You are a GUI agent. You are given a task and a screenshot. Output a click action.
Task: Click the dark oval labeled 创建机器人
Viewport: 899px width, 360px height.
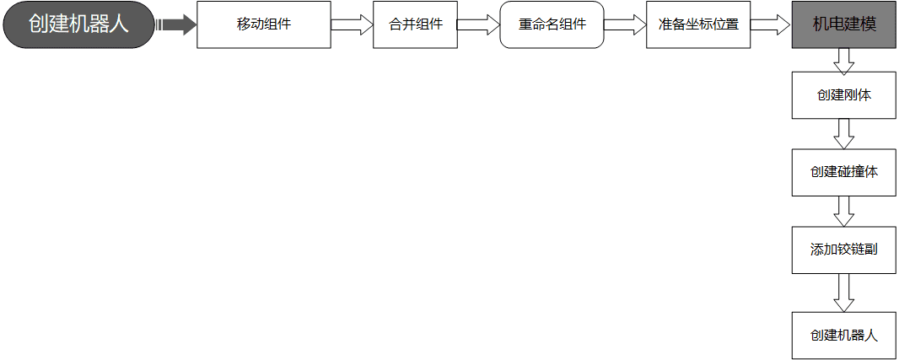(79, 24)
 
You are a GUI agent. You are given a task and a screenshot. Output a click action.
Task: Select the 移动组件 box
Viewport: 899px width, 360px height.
(264, 24)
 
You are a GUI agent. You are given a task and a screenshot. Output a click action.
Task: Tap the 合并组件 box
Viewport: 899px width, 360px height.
(415, 24)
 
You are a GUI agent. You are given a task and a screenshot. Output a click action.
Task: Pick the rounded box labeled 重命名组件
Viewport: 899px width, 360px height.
(552, 24)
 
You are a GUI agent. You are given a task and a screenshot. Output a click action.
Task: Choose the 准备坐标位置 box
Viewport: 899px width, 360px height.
(698, 24)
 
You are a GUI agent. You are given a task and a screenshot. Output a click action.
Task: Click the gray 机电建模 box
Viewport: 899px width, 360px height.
(844, 24)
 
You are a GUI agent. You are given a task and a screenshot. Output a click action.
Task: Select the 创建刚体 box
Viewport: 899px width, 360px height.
(844, 95)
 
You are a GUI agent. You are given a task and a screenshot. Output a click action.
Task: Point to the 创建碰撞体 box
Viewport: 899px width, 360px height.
(844, 173)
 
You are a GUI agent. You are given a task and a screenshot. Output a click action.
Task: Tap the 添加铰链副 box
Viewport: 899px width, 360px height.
(844, 250)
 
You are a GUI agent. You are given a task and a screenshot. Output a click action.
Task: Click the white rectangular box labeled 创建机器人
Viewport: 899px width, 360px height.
(844, 336)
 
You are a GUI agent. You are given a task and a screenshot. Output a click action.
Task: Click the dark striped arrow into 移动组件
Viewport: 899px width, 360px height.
(176, 24)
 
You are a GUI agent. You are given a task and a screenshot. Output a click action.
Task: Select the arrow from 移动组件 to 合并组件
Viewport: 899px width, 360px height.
(352, 24)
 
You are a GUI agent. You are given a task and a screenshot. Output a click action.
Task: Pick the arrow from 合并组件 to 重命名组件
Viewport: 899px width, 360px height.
(479, 24)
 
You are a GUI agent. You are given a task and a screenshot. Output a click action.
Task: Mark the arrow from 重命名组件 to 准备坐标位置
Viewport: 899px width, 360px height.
(625, 24)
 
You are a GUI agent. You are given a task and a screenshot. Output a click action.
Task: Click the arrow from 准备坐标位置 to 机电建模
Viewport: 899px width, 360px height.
(771, 24)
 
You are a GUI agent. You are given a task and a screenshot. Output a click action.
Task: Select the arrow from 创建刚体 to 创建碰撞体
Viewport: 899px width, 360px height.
(844, 133)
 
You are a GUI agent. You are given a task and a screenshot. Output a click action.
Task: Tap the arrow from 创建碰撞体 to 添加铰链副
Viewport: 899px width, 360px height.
(844, 211)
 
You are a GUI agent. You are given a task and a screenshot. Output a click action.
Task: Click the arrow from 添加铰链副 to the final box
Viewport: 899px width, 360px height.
(844, 293)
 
